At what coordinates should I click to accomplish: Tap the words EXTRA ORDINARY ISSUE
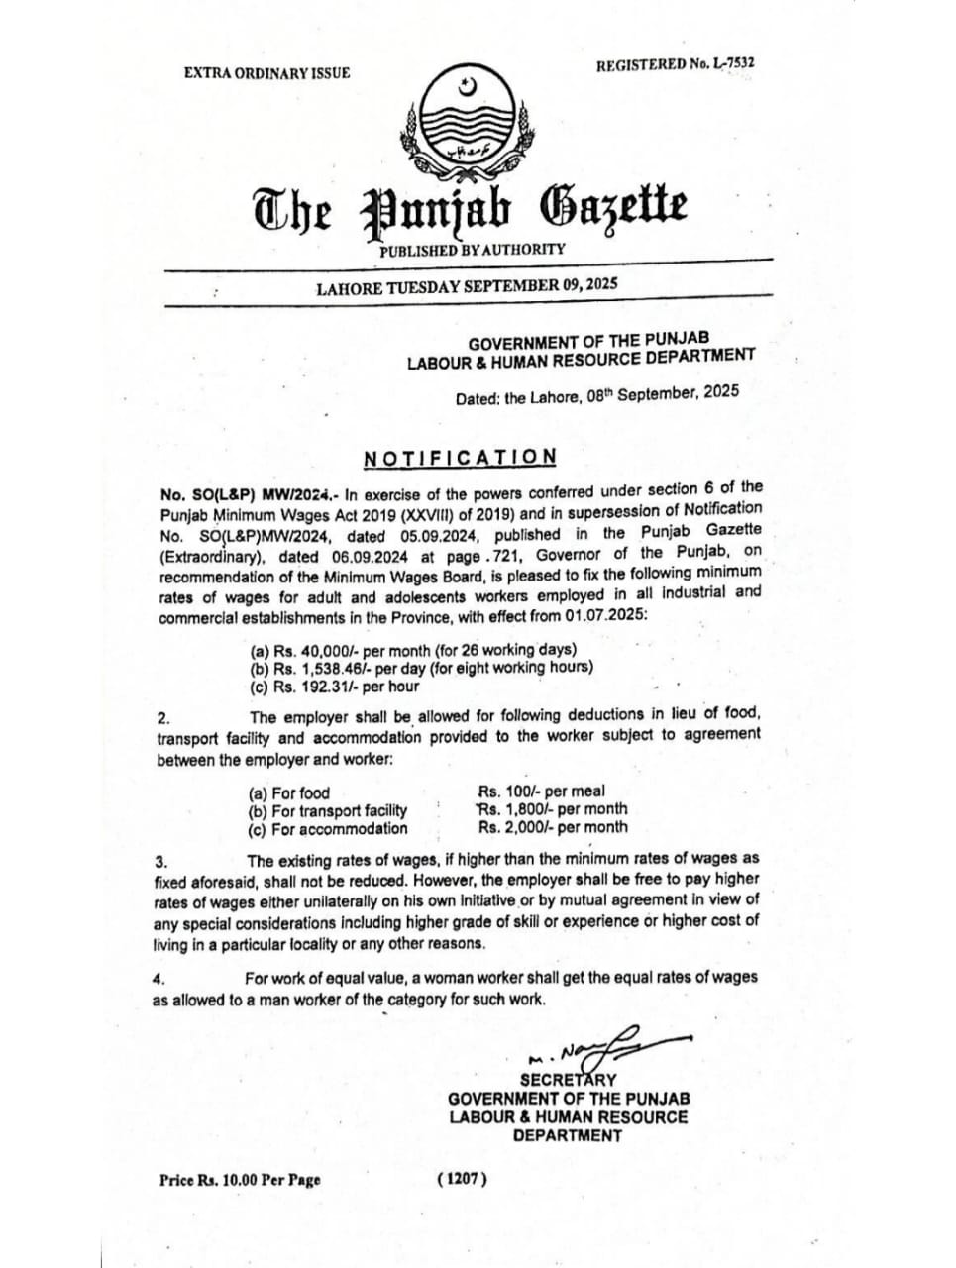click(266, 73)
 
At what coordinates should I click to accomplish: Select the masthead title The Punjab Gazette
click(470, 209)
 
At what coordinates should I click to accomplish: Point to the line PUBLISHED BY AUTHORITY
click(472, 250)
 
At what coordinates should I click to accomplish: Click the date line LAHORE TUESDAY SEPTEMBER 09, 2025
click(466, 287)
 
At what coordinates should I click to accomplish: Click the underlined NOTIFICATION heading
click(460, 457)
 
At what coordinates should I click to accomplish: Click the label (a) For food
click(288, 793)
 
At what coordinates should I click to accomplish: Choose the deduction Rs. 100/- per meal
click(541, 792)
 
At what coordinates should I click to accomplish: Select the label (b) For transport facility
click(327, 811)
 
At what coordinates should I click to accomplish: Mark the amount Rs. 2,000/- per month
click(552, 827)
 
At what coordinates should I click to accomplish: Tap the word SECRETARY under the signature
click(568, 1080)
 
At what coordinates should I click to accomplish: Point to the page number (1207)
click(462, 1179)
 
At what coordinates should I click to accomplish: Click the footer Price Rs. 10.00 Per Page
click(240, 1180)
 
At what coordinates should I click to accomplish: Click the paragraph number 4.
click(158, 979)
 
